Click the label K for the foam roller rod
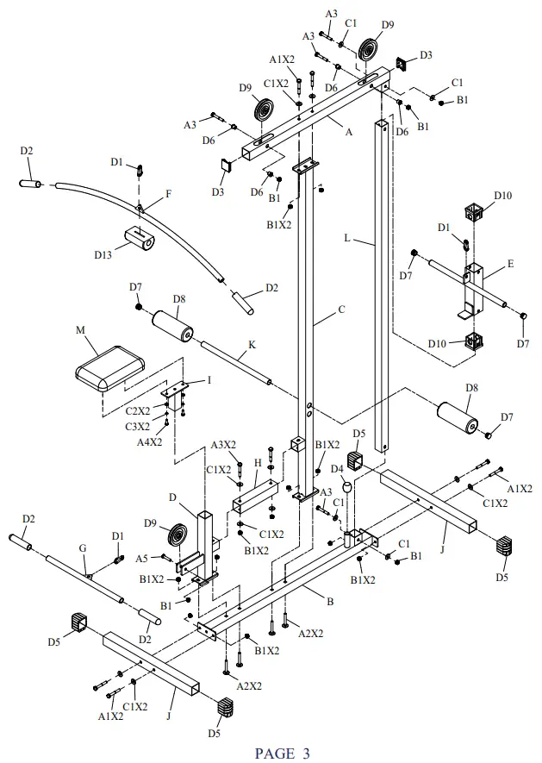[x=252, y=346]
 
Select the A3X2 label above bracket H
[x=225, y=446]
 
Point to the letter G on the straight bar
[x=83, y=548]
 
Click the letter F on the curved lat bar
[x=168, y=193]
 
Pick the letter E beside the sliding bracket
[x=511, y=265]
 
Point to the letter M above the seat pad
[x=81, y=331]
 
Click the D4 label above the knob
[x=338, y=470]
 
